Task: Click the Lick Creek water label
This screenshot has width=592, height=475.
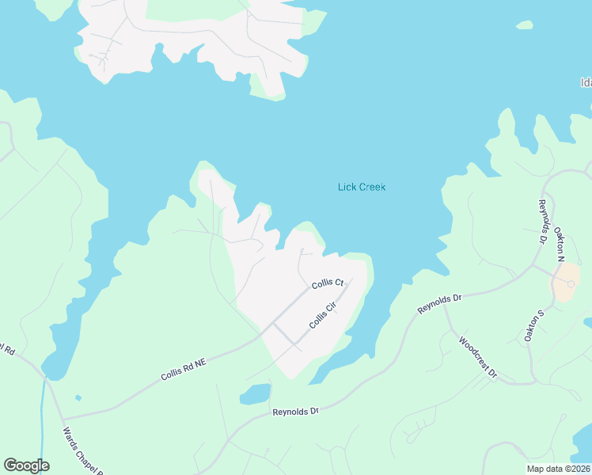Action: (x=361, y=188)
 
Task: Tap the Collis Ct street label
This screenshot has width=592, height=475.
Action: (x=327, y=283)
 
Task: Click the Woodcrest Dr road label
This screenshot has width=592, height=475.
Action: (x=478, y=355)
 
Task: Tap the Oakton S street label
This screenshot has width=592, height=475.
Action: (x=535, y=325)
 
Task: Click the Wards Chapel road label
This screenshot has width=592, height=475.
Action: (x=82, y=452)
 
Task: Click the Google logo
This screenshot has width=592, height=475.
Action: (x=26, y=465)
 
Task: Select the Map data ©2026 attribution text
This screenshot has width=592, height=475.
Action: (x=558, y=469)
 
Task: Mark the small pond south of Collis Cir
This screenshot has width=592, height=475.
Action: (x=255, y=394)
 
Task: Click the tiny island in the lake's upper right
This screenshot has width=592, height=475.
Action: (x=524, y=25)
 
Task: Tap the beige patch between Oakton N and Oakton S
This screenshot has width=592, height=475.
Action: (x=567, y=282)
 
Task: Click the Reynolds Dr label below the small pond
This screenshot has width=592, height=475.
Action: (x=294, y=412)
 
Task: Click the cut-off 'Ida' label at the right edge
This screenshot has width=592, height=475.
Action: (x=586, y=82)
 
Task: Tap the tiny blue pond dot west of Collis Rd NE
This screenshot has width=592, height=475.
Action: (x=77, y=397)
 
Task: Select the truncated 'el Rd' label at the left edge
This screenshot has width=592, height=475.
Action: (x=7, y=349)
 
